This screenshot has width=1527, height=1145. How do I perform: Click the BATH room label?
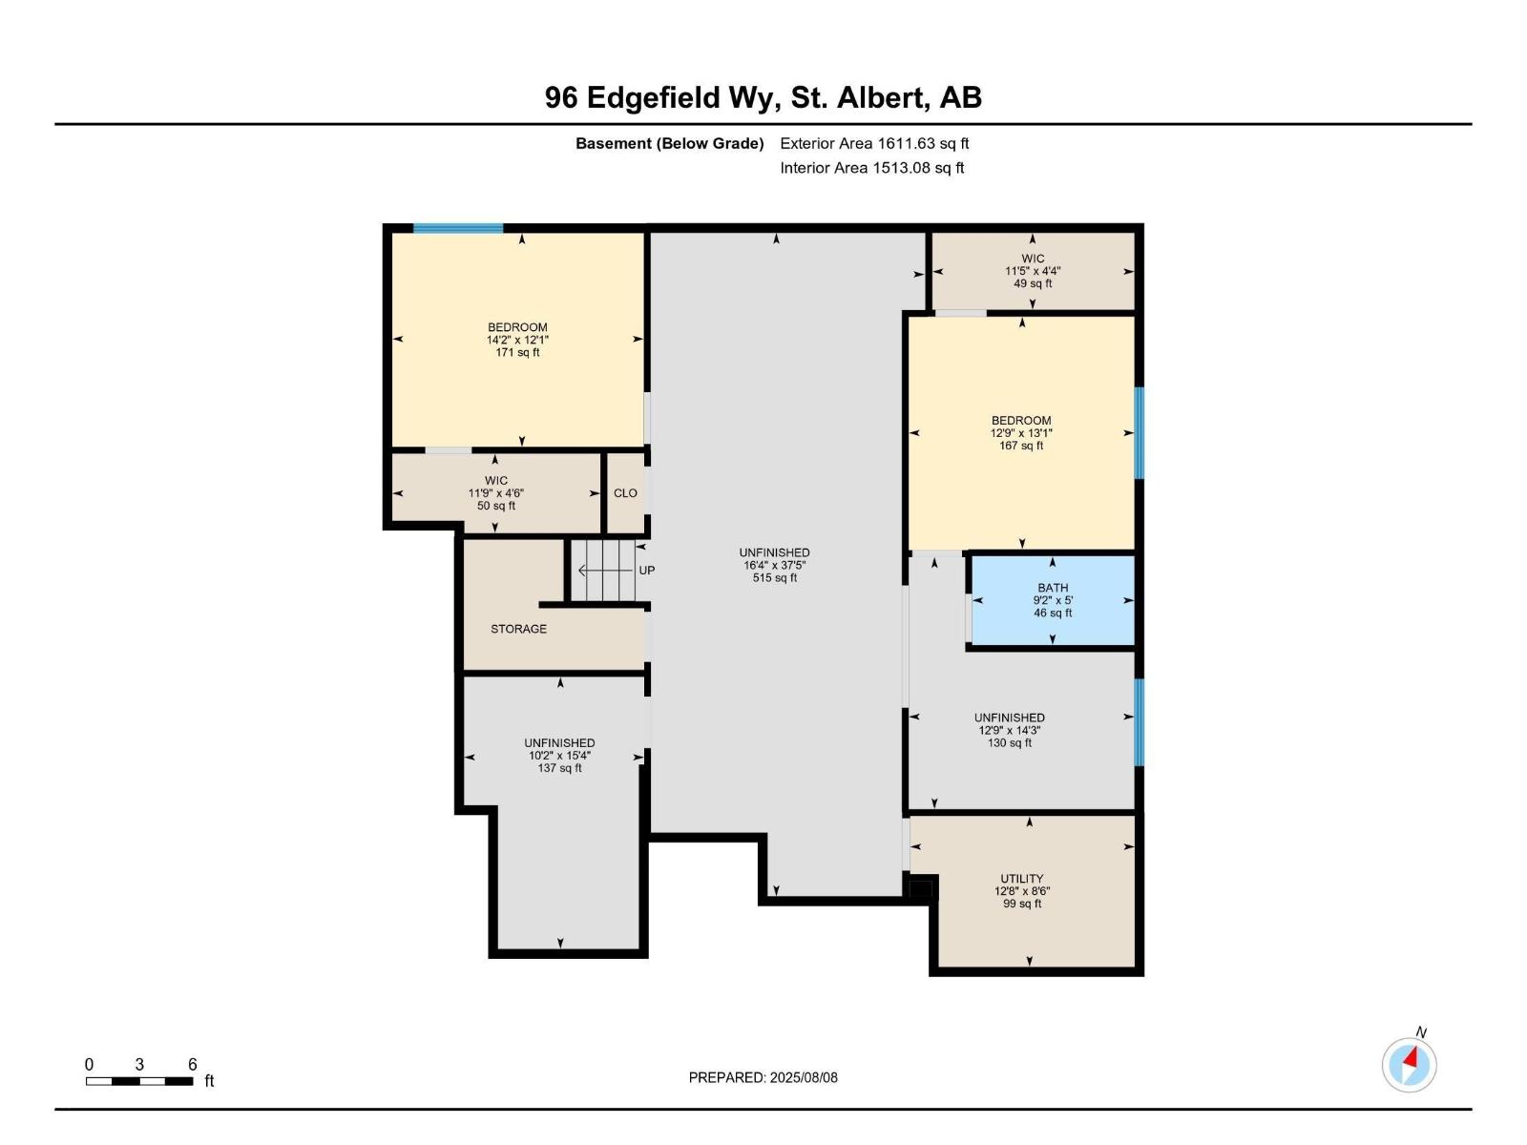pos(1053,588)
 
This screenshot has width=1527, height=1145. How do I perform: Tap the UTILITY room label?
pos(1021,878)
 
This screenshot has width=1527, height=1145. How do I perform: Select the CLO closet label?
pos(625,493)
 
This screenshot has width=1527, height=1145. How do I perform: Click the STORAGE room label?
pos(518,629)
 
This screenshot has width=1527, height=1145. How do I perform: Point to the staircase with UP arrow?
pos(604,571)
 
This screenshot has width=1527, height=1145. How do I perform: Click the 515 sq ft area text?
pos(774,577)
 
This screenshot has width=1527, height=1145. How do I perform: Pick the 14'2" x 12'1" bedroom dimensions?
pos(517,340)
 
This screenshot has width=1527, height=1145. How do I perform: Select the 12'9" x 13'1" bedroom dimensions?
pos(1021,433)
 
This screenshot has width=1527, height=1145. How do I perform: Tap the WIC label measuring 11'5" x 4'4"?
pos(1033,259)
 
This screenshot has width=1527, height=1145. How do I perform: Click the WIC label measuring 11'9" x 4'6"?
pos(495,480)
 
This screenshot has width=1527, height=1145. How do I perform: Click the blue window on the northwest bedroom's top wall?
pos(458,228)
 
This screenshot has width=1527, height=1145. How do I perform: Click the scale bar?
pos(139,1081)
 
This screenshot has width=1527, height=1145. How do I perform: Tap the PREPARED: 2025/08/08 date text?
pos(763,1077)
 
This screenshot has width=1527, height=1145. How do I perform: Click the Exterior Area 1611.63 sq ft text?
pos(874,143)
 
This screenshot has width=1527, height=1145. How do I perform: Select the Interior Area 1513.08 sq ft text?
pos(871,168)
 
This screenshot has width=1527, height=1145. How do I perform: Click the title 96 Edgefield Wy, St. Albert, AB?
pos(763,97)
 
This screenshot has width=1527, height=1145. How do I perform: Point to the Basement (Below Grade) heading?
pos(669,143)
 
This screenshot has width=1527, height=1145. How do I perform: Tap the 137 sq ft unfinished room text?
pos(559,768)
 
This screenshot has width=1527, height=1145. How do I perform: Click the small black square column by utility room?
pos(920,889)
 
